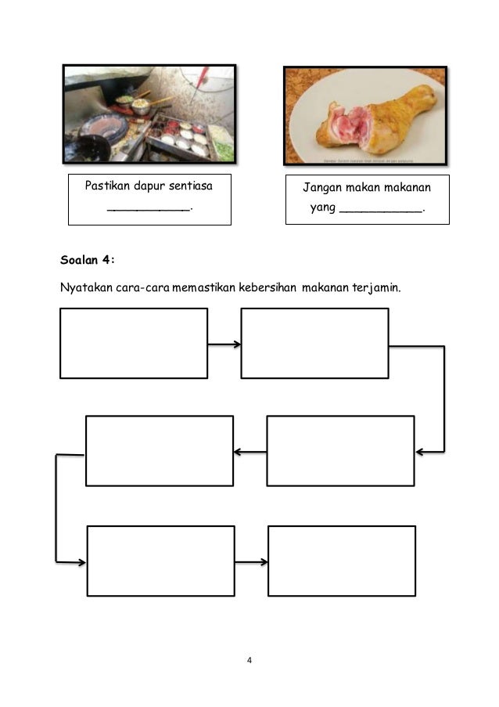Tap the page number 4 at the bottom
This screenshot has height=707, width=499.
(249, 662)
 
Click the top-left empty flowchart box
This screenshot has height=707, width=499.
(134, 343)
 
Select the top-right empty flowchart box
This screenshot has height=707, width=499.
(314, 343)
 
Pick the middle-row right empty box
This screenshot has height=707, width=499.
(340, 450)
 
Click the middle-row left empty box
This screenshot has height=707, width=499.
(159, 450)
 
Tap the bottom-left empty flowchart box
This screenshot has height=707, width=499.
(160, 561)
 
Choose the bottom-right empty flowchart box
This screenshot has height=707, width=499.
(342, 561)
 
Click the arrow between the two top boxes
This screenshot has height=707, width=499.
(224, 344)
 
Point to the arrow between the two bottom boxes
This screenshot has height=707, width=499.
(251, 561)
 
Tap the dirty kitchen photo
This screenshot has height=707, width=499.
(149, 114)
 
